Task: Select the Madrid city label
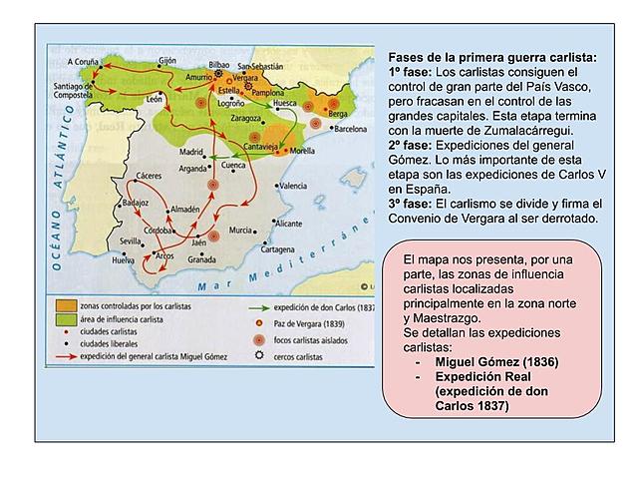(189, 152)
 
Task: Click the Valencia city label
(292, 186)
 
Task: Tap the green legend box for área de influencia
(64, 318)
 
